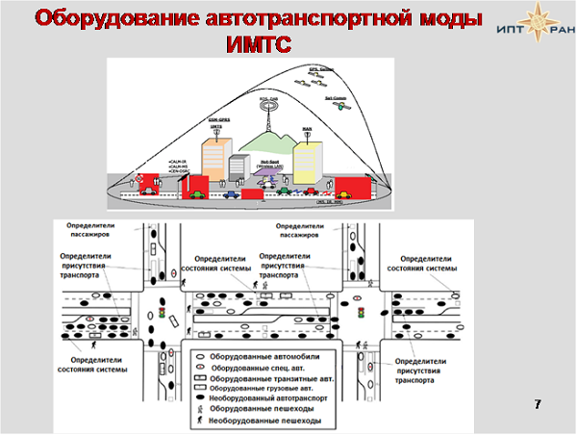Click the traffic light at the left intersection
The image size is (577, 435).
coord(163,315)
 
